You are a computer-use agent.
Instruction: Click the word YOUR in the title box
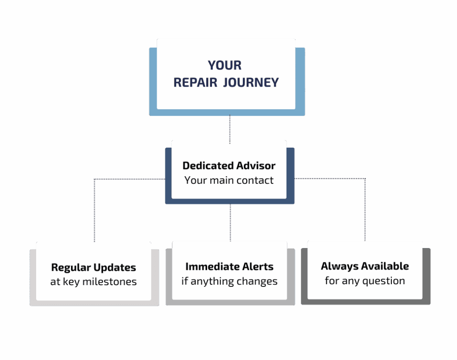(224, 65)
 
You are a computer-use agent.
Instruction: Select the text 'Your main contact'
(229, 180)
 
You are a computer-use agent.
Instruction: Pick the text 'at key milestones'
(93, 282)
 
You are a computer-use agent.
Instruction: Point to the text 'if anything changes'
(229, 281)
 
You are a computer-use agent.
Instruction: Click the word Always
(338, 266)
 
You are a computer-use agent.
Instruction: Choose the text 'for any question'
(365, 281)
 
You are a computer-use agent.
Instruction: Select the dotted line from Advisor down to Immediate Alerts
(230, 222)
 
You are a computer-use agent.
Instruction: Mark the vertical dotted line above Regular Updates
(94, 210)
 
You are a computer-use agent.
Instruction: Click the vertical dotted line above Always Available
(365, 210)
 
